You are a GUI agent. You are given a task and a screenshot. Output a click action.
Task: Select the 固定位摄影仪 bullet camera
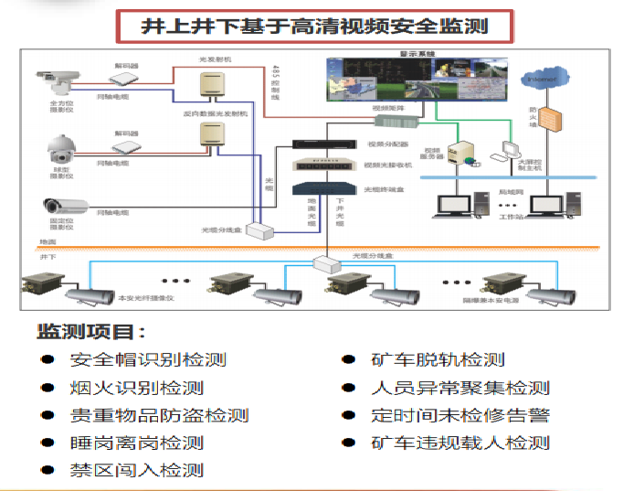tap(65, 205)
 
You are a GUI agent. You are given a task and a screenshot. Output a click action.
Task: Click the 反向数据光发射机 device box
tap(212, 135)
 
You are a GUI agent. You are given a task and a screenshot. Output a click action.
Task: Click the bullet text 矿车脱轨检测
tap(438, 360)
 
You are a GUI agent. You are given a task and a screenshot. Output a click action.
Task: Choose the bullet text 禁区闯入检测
tap(136, 471)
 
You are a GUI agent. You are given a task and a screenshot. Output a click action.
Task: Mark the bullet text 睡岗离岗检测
tap(136, 443)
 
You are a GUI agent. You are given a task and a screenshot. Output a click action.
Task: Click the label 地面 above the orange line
tap(48, 241)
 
